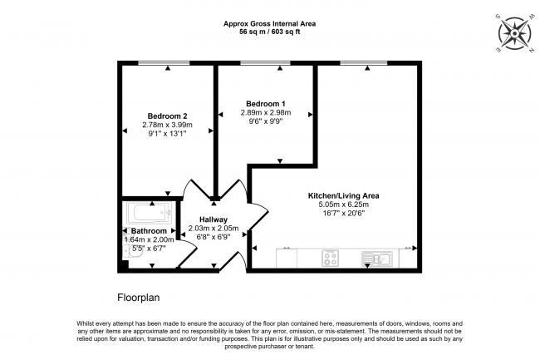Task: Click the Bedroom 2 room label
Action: click(x=167, y=116)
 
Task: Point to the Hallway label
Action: click(x=214, y=219)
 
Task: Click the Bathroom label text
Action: click(x=149, y=230)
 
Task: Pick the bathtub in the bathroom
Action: click(x=151, y=212)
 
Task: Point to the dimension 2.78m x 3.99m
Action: click(x=167, y=125)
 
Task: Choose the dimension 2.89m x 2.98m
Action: click(x=265, y=112)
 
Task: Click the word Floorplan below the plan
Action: click(x=139, y=296)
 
